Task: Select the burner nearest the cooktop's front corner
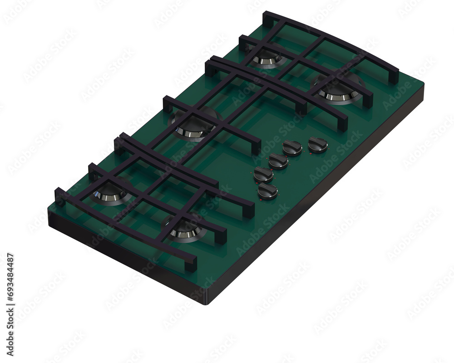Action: tap(185, 231)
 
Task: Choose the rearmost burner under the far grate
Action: tap(267, 57)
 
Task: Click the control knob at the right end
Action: tap(318, 145)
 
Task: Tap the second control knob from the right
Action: tap(292, 147)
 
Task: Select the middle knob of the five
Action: tap(278, 161)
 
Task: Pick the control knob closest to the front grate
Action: tap(268, 191)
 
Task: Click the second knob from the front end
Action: tap(263, 174)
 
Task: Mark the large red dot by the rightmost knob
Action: tap(310, 154)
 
